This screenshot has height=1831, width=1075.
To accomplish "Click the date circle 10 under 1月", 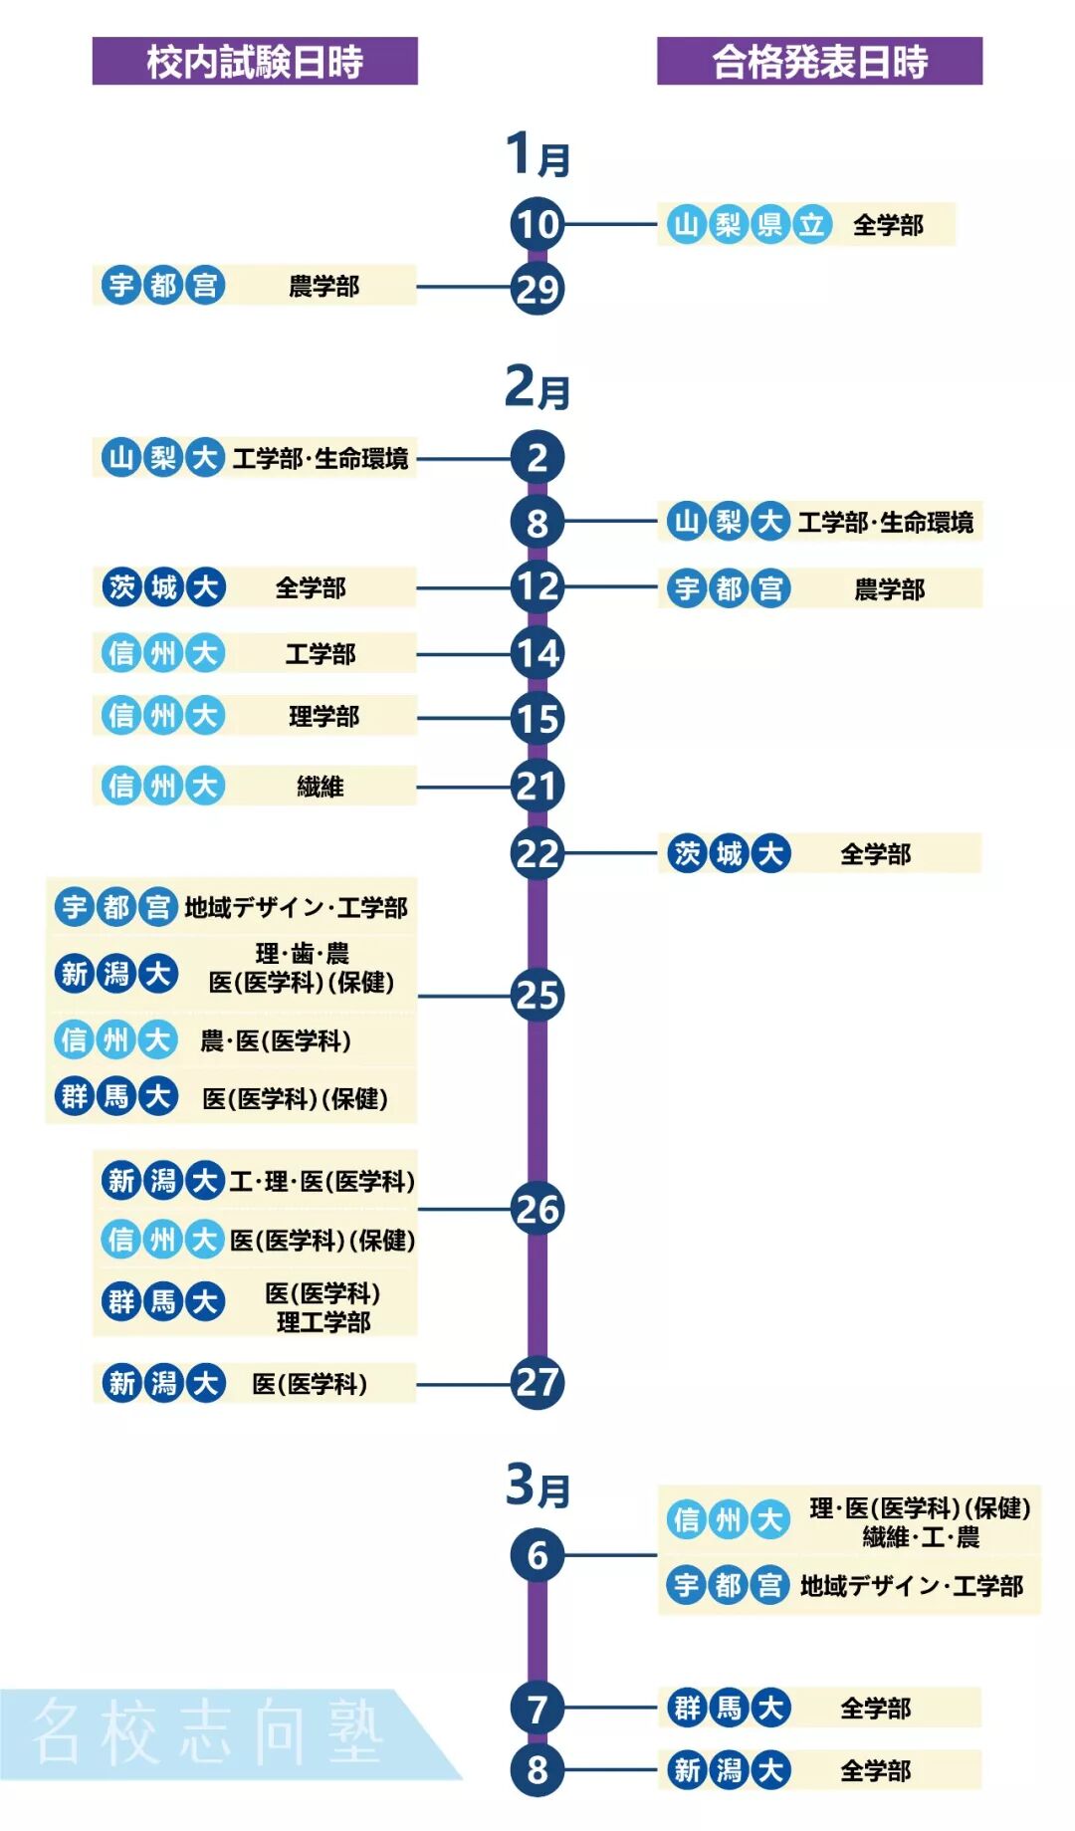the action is pyautogui.click(x=537, y=225).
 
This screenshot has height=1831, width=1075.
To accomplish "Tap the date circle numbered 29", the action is pyautogui.click(x=537, y=289).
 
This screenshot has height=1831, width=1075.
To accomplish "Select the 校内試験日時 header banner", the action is pyautogui.click(x=255, y=61).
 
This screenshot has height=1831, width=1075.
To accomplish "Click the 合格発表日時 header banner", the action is pyautogui.click(x=819, y=61).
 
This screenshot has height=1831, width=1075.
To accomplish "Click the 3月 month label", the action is pyautogui.click(x=537, y=1487).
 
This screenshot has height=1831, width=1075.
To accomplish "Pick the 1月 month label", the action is pyautogui.click(x=537, y=155).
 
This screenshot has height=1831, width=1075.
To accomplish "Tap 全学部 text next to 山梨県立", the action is pyautogui.click(x=888, y=226).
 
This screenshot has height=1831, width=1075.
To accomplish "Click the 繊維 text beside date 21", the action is pyautogui.click(x=321, y=787).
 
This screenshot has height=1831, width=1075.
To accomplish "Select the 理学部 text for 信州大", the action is pyautogui.click(x=323, y=717).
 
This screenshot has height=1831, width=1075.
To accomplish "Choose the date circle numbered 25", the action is pyautogui.click(x=537, y=995).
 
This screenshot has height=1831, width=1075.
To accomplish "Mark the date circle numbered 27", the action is pyautogui.click(x=537, y=1382).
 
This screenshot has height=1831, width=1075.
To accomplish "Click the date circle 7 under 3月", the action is pyautogui.click(x=537, y=1709).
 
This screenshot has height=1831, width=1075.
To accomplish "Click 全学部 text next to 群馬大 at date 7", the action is pyautogui.click(x=875, y=1710).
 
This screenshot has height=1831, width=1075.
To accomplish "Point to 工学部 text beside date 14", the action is pyautogui.click(x=321, y=654).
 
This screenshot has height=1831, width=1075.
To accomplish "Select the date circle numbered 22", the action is pyautogui.click(x=537, y=853).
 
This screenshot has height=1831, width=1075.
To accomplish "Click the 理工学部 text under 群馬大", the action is pyautogui.click(x=323, y=1322).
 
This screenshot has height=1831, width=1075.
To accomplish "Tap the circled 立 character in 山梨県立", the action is pyautogui.click(x=811, y=225).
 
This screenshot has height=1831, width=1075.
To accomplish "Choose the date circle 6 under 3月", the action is pyautogui.click(x=537, y=1555).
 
